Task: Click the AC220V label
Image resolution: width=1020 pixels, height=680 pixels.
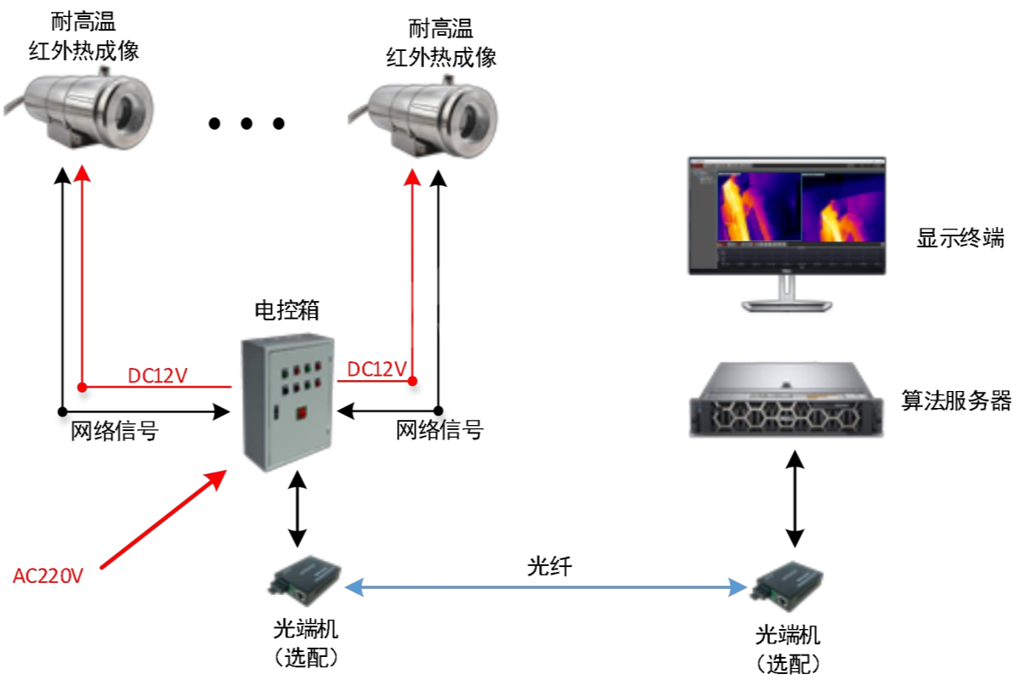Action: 48,576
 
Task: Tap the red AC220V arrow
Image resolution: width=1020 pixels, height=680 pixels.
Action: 163,519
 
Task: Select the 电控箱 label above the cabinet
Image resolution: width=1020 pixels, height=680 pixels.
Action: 286,310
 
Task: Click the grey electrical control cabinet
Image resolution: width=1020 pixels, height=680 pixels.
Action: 287,403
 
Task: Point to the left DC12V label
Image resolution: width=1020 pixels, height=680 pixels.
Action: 157,376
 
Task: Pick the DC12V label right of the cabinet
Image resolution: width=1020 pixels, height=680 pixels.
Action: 377,369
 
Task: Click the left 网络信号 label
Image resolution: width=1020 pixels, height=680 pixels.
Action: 114,431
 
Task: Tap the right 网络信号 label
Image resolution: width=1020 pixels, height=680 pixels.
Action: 439,430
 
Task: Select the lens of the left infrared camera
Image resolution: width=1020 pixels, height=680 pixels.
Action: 124,111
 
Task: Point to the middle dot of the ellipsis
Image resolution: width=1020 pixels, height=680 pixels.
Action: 246,123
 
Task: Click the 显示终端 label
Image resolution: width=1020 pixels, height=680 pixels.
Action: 960,238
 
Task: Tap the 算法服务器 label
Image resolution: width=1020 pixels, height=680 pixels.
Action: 956,401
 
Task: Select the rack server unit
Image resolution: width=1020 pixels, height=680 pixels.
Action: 786,399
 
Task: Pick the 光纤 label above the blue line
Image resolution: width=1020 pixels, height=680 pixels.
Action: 550,567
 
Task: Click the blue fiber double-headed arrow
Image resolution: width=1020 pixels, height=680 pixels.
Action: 546,587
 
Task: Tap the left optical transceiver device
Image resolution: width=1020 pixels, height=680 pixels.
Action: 304,581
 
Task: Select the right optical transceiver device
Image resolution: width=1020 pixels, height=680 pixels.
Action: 788,586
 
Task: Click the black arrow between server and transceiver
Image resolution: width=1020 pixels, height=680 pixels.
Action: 795,499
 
